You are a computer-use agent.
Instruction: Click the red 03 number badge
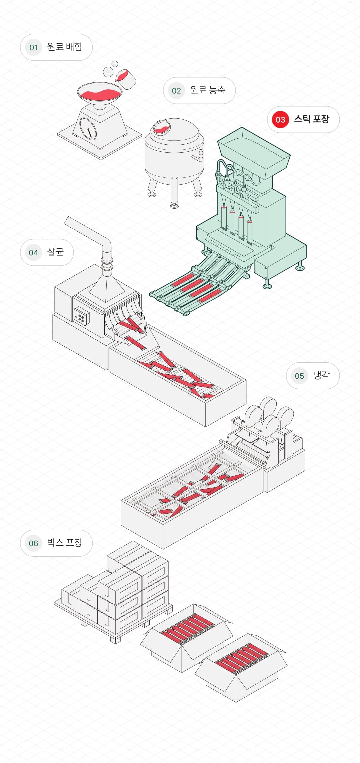coord(280,120)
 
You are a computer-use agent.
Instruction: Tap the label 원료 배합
coord(65,47)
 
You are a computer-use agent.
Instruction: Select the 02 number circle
coord(176,91)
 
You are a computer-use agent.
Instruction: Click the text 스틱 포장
coord(311,119)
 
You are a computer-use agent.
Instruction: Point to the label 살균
coord(55,252)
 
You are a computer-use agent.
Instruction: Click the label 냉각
coord(321,376)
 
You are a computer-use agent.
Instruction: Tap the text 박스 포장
coord(65,543)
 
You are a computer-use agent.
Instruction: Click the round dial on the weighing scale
coord(88,128)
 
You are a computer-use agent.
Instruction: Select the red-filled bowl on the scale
coord(99,93)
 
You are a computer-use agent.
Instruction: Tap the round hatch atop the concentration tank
coord(161,127)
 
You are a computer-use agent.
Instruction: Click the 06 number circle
coord(33,543)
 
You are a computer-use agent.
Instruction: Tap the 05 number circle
coord(299,376)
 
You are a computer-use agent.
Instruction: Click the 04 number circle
coord(33,253)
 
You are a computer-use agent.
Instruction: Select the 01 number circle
coord(33,47)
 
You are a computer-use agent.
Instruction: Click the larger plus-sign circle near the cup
coord(108,72)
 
